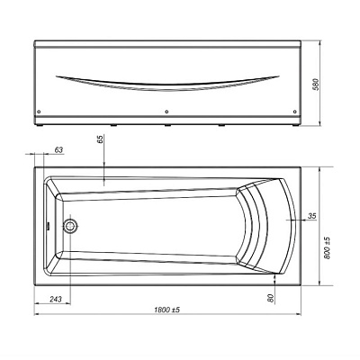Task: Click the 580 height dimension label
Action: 315,85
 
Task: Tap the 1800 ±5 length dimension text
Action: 166,310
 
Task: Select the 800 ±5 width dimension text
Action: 327,247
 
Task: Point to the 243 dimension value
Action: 56,299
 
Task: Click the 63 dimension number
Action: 59,149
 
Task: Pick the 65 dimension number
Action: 100,139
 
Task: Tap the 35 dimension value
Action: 312,216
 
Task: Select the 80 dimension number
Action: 271,298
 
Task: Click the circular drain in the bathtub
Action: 70,226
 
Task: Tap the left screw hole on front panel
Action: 39,112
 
